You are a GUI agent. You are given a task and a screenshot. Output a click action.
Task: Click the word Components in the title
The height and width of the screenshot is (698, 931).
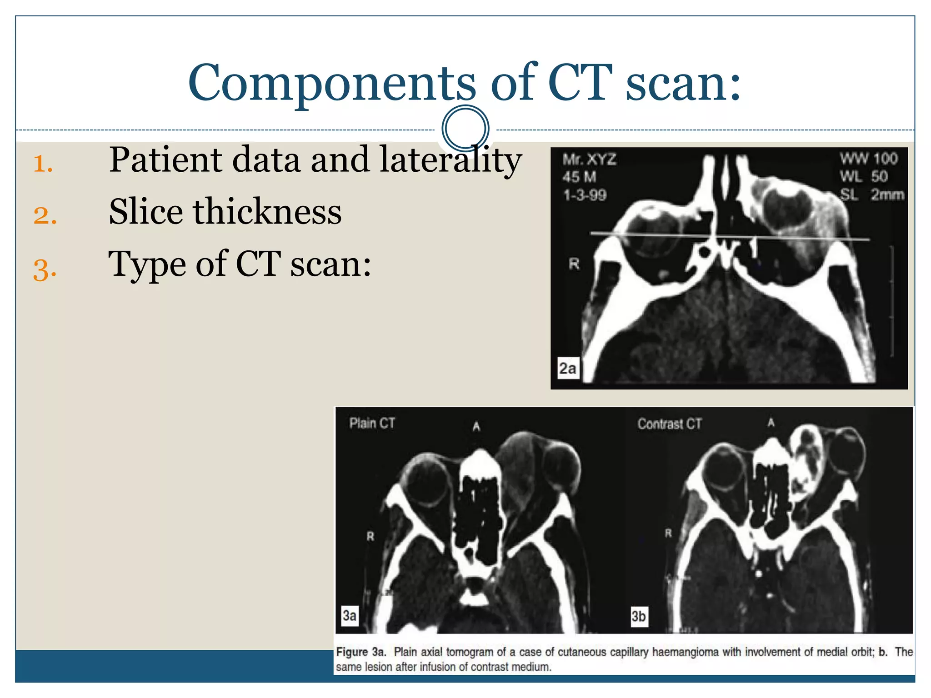(331, 83)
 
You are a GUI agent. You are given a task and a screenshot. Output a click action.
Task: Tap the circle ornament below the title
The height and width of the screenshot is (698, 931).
(465, 128)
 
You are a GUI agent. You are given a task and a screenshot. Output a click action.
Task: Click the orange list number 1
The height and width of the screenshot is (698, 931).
(43, 164)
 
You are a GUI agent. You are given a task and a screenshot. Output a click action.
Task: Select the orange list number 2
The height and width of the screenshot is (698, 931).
(45, 215)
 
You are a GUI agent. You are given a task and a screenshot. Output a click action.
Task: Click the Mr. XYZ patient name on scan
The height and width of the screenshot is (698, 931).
(590, 160)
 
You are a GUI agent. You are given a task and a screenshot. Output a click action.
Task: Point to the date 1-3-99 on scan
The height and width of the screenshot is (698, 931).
(585, 195)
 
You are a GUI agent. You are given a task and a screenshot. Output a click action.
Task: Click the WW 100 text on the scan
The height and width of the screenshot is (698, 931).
(868, 159)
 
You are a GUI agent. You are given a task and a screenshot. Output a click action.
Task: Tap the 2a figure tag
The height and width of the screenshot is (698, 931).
(568, 368)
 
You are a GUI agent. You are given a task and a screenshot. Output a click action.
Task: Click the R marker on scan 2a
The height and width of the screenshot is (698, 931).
(574, 264)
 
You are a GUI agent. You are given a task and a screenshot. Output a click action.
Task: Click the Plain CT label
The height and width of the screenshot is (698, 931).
(372, 424)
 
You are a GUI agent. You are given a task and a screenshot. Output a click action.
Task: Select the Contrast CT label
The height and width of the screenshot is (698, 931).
(669, 424)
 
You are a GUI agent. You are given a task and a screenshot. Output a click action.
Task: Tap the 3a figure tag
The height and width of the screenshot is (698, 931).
(349, 615)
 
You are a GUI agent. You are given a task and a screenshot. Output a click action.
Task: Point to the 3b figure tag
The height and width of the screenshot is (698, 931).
(638, 616)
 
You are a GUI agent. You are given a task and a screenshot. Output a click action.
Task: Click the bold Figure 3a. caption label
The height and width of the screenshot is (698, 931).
(361, 652)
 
